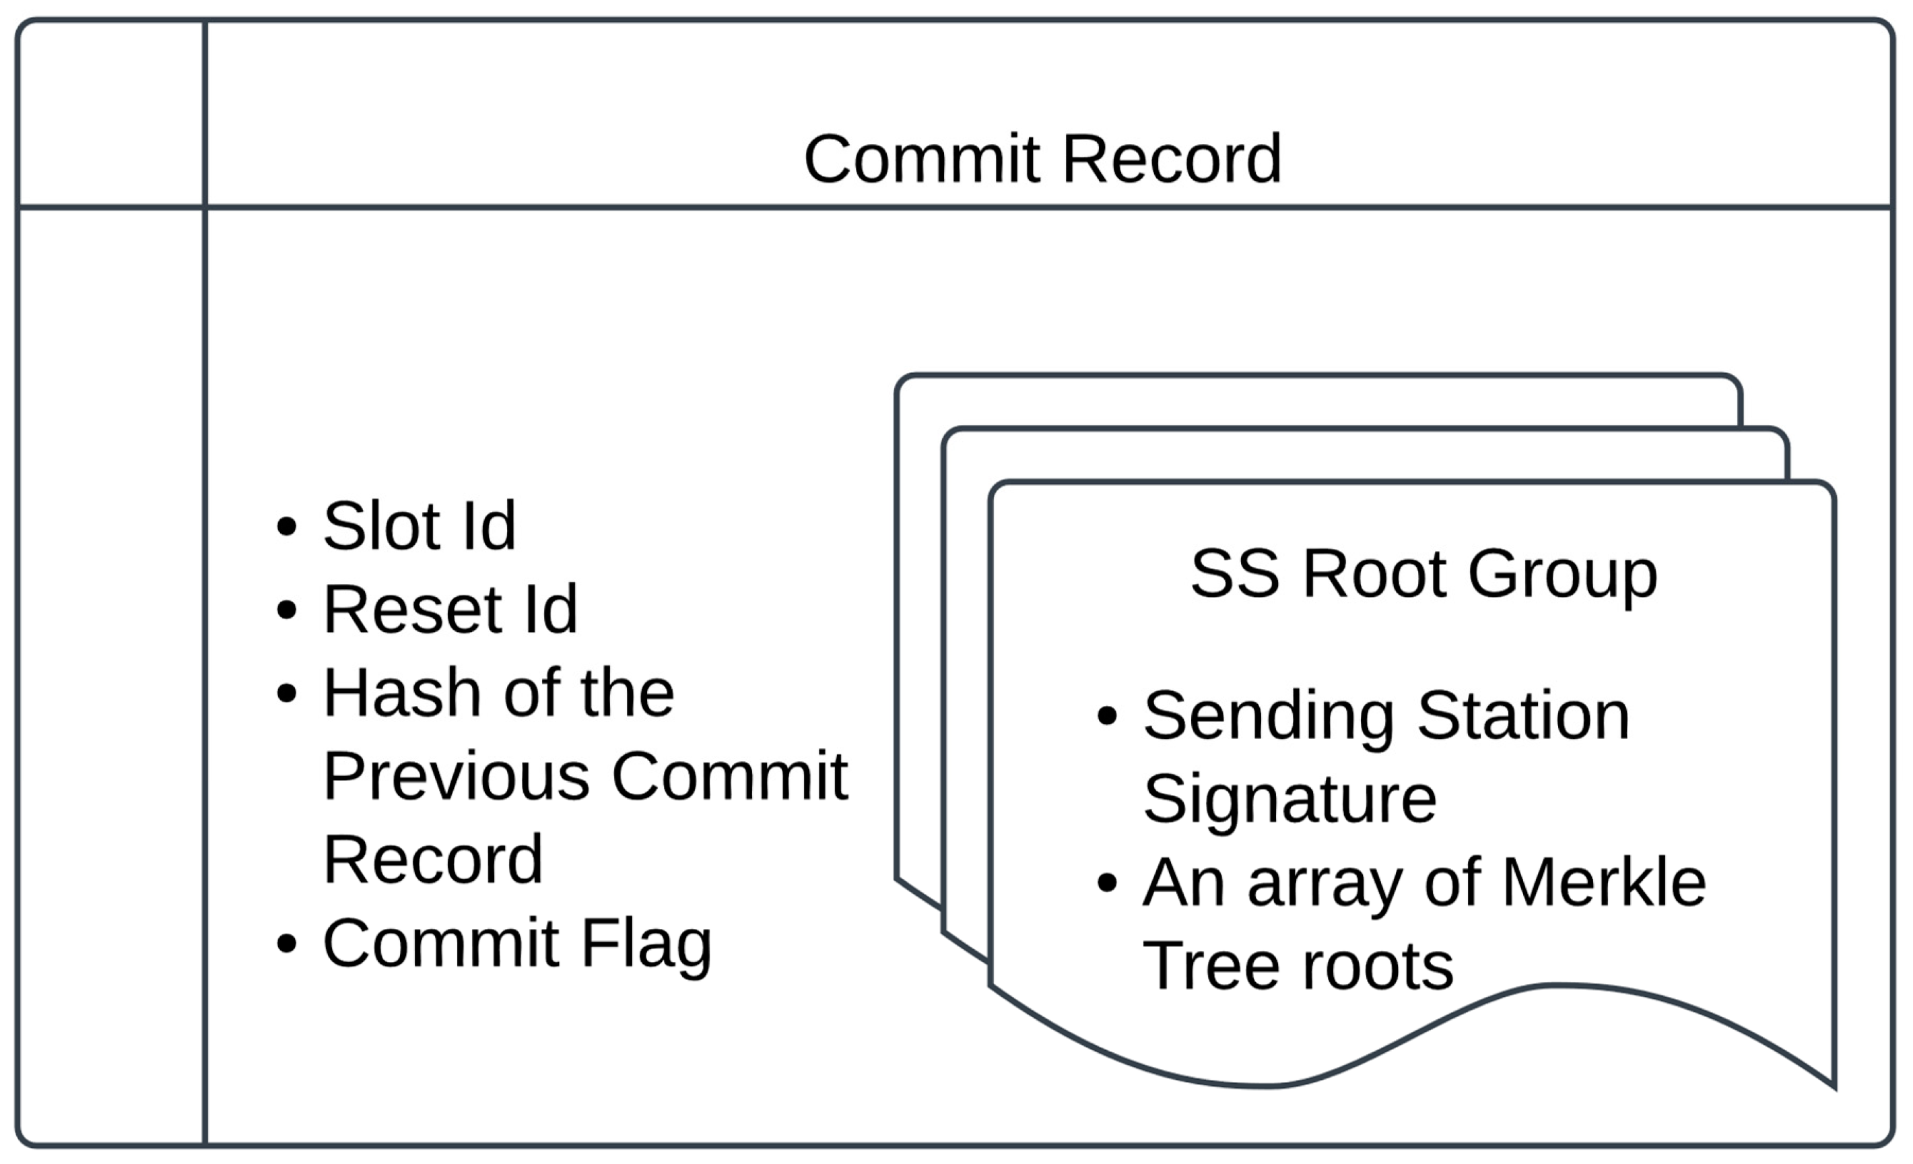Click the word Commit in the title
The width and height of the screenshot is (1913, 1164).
pyautogui.click(x=922, y=159)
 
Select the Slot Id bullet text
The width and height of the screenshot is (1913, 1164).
pyautogui.click(x=419, y=527)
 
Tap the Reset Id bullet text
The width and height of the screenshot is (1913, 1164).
pyautogui.click(x=450, y=610)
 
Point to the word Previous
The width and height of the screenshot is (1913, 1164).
pyautogui.click(x=457, y=776)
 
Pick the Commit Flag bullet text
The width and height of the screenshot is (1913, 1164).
pyautogui.click(x=517, y=944)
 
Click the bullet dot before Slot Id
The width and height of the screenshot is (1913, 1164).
pyautogui.click(x=286, y=527)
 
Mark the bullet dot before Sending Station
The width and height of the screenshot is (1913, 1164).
pyautogui.click(x=1107, y=716)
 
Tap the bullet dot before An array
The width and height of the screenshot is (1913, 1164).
pyautogui.click(x=1107, y=883)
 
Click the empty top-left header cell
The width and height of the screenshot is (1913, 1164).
pyautogui.click(x=111, y=114)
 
